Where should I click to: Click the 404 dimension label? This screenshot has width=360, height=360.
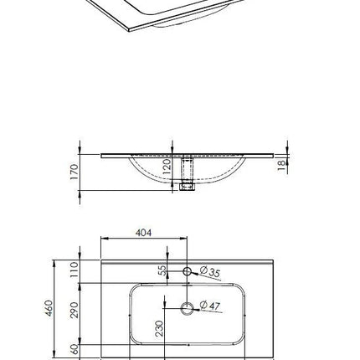[143, 233]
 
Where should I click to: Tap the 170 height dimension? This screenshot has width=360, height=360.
[75, 172]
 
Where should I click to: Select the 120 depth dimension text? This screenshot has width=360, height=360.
[167, 167]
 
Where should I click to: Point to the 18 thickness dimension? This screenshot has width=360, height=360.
[282, 165]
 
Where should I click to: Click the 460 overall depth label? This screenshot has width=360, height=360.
[49, 308]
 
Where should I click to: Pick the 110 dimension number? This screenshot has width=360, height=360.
[75, 270]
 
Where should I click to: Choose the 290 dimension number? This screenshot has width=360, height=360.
[75, 310]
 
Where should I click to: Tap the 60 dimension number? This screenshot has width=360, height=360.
[75, 349]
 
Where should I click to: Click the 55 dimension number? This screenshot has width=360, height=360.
[162, 270]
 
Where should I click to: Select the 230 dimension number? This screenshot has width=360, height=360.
[159, 328]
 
